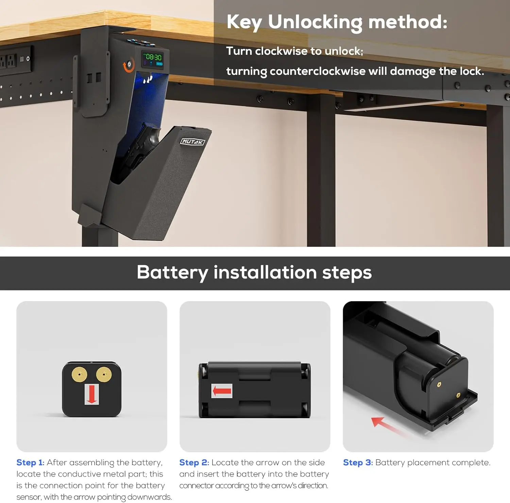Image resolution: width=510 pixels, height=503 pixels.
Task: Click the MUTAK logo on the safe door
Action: tap(192, 142)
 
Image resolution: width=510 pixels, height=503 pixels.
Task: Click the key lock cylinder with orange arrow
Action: tap(129, 65)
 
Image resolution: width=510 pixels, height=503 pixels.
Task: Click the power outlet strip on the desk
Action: tap(16, 61)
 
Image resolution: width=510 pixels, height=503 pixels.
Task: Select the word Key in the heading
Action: tap(244, 22)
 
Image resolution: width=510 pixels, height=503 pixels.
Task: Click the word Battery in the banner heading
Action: tap(172, 273)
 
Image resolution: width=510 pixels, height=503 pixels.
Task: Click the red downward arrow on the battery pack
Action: tap(91, 394)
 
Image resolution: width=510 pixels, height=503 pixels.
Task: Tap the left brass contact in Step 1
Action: tap(79, 375)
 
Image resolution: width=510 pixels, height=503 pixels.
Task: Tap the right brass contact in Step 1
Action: tap(104, 375)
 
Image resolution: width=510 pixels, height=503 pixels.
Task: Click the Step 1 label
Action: tap(30, 463)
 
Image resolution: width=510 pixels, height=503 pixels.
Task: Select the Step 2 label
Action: tap(194, 463)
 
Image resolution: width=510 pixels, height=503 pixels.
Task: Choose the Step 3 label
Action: tap(358, 463)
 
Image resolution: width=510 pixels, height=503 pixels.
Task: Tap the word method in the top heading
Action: tap(408, 22)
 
